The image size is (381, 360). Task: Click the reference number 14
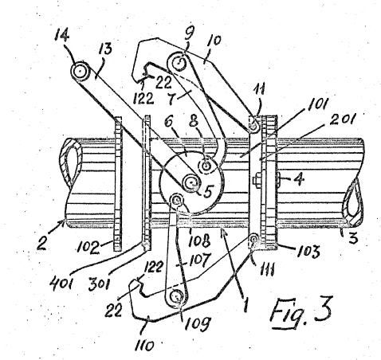[x=61, y=35]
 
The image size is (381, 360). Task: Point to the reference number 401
[x=61, y=284]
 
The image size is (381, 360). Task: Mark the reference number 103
[x=308, y=251]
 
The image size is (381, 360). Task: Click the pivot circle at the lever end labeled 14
[x=80, y=71]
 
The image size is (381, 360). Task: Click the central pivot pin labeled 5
[x=191, y=182]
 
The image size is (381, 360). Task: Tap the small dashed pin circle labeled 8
[x=206, y=166]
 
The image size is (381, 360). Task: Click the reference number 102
[x=87, y=248]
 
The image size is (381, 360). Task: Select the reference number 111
[x=265, y=270]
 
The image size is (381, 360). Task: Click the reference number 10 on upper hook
[x=215, y=43]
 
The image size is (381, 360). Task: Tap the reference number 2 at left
[x=42, y=243]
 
